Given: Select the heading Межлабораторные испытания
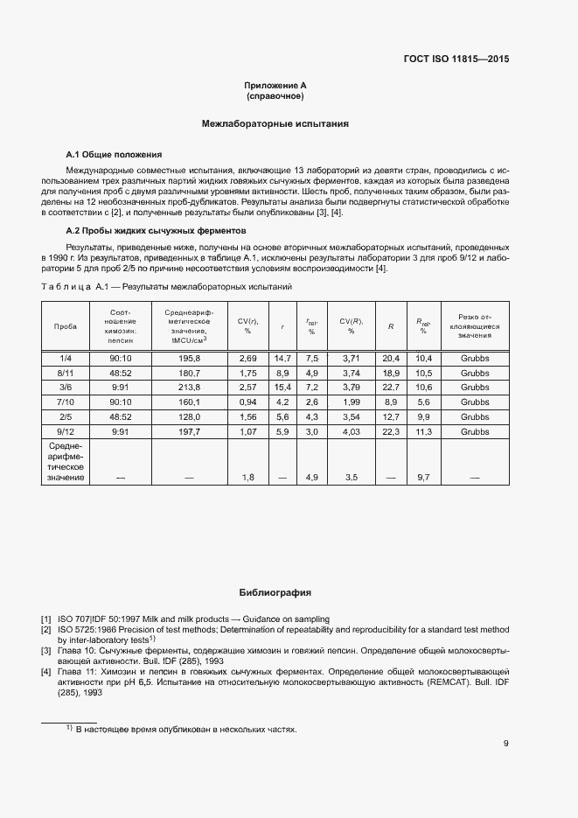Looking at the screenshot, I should [275, 124].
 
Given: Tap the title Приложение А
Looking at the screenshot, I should [275, 85].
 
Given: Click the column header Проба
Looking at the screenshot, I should [66, 326].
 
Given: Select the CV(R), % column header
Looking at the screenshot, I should [351, 326].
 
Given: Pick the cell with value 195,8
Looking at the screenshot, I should [190, 359].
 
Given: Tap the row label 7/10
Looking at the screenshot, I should [66, 401].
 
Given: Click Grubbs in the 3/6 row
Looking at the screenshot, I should [475, 387].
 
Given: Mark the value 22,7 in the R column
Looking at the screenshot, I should [391, 387].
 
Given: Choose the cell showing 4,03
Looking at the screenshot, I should [351, 432].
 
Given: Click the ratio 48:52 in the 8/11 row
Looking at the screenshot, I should [121, 373].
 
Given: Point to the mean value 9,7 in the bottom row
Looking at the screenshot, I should [425, 478].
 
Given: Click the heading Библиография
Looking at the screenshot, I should [275, 592].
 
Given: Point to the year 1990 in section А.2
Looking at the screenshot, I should [53, 259].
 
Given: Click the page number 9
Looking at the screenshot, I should [506, 745].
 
